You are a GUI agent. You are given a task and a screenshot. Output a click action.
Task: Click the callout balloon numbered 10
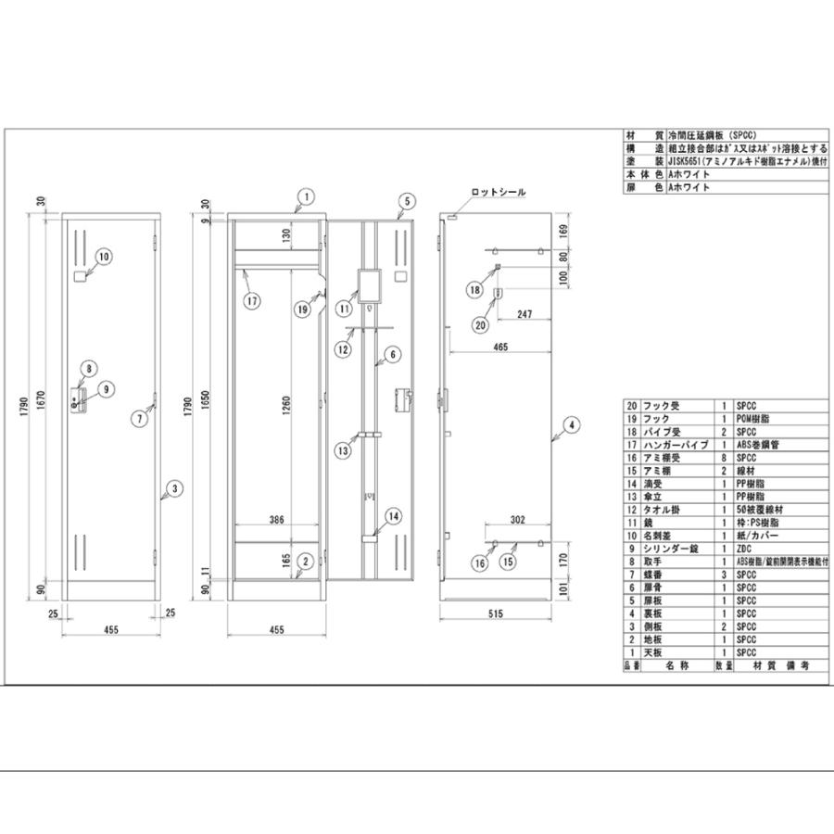pos(103,256)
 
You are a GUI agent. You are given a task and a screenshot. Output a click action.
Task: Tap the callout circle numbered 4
pos(572,425)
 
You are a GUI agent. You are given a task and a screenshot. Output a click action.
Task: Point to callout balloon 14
pos(393,515)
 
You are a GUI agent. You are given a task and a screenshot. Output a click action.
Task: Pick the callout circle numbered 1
pos(306,196)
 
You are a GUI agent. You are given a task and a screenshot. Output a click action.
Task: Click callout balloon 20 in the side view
pos(480,324)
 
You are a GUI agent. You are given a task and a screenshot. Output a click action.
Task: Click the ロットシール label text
pos(499,193)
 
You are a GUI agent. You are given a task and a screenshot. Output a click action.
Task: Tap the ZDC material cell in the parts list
pos(745,548)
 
